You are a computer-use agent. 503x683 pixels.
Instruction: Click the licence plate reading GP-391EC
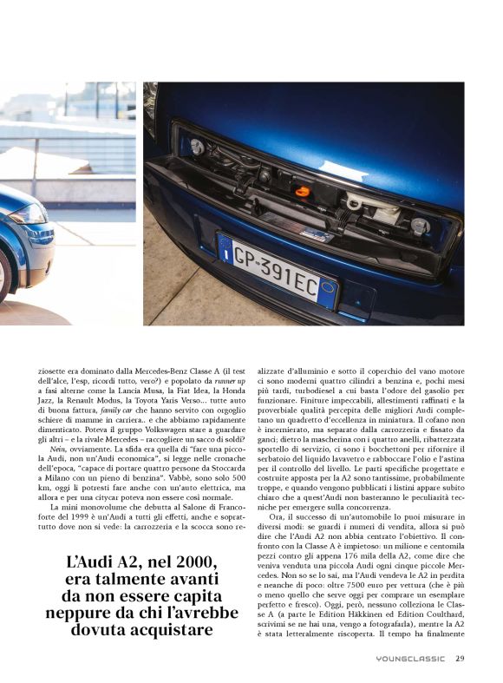click(277, 269)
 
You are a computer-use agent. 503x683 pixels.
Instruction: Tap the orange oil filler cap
click(302, 190)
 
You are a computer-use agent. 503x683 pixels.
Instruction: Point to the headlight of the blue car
click(29, 213)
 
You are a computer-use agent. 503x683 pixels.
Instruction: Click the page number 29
click(460, 658)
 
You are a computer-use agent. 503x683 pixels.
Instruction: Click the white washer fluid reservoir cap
click(354, 202)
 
